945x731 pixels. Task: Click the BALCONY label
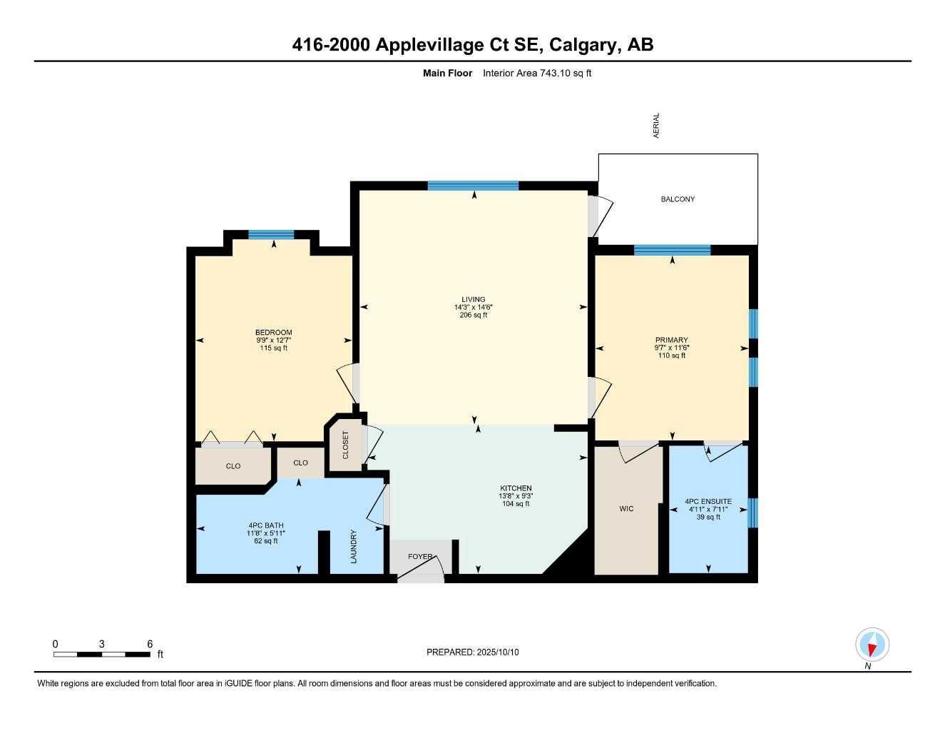677,199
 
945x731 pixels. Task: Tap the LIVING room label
473,300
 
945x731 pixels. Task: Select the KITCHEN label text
515,488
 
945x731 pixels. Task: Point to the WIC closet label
626,509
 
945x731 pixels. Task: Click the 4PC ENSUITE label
708,502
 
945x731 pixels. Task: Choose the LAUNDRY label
354,546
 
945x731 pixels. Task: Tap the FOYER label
420,557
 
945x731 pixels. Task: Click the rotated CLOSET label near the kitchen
346,445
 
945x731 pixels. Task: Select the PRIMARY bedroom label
671,341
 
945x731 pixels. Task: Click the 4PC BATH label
265,525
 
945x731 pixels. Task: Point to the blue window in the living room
473,186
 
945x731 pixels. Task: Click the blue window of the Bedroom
271,235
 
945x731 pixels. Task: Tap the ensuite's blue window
752,513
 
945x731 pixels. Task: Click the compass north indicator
872,645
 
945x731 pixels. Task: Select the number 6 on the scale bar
150,644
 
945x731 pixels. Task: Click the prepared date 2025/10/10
498,652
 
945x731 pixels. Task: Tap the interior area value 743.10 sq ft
566,73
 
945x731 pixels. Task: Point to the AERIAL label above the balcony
656,125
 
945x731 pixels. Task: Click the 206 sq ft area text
473,315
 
